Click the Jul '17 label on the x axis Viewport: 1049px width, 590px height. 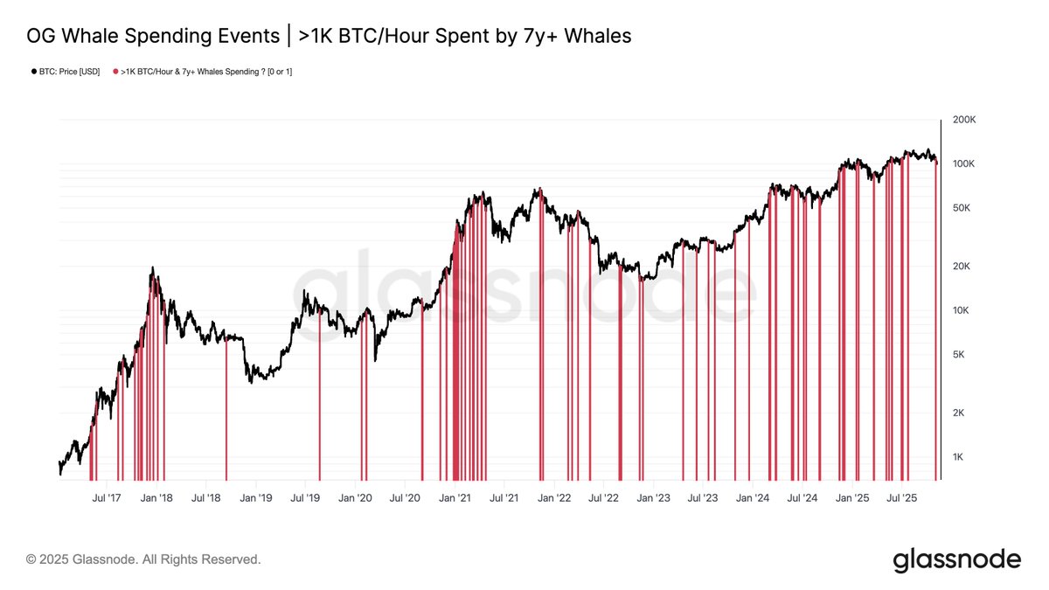106,498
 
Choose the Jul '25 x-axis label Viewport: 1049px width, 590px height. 901,498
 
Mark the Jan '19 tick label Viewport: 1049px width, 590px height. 255,498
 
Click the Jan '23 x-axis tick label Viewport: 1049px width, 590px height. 653,498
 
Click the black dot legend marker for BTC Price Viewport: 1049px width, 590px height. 33,72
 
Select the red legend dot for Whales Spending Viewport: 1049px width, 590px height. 115,72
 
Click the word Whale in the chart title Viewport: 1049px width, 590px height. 94,36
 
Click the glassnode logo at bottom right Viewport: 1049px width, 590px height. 956,559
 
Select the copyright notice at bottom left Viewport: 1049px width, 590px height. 143,559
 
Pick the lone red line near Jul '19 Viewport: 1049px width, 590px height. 319,393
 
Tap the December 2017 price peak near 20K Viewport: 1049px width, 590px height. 152,268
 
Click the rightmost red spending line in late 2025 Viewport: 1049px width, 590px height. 936,323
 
